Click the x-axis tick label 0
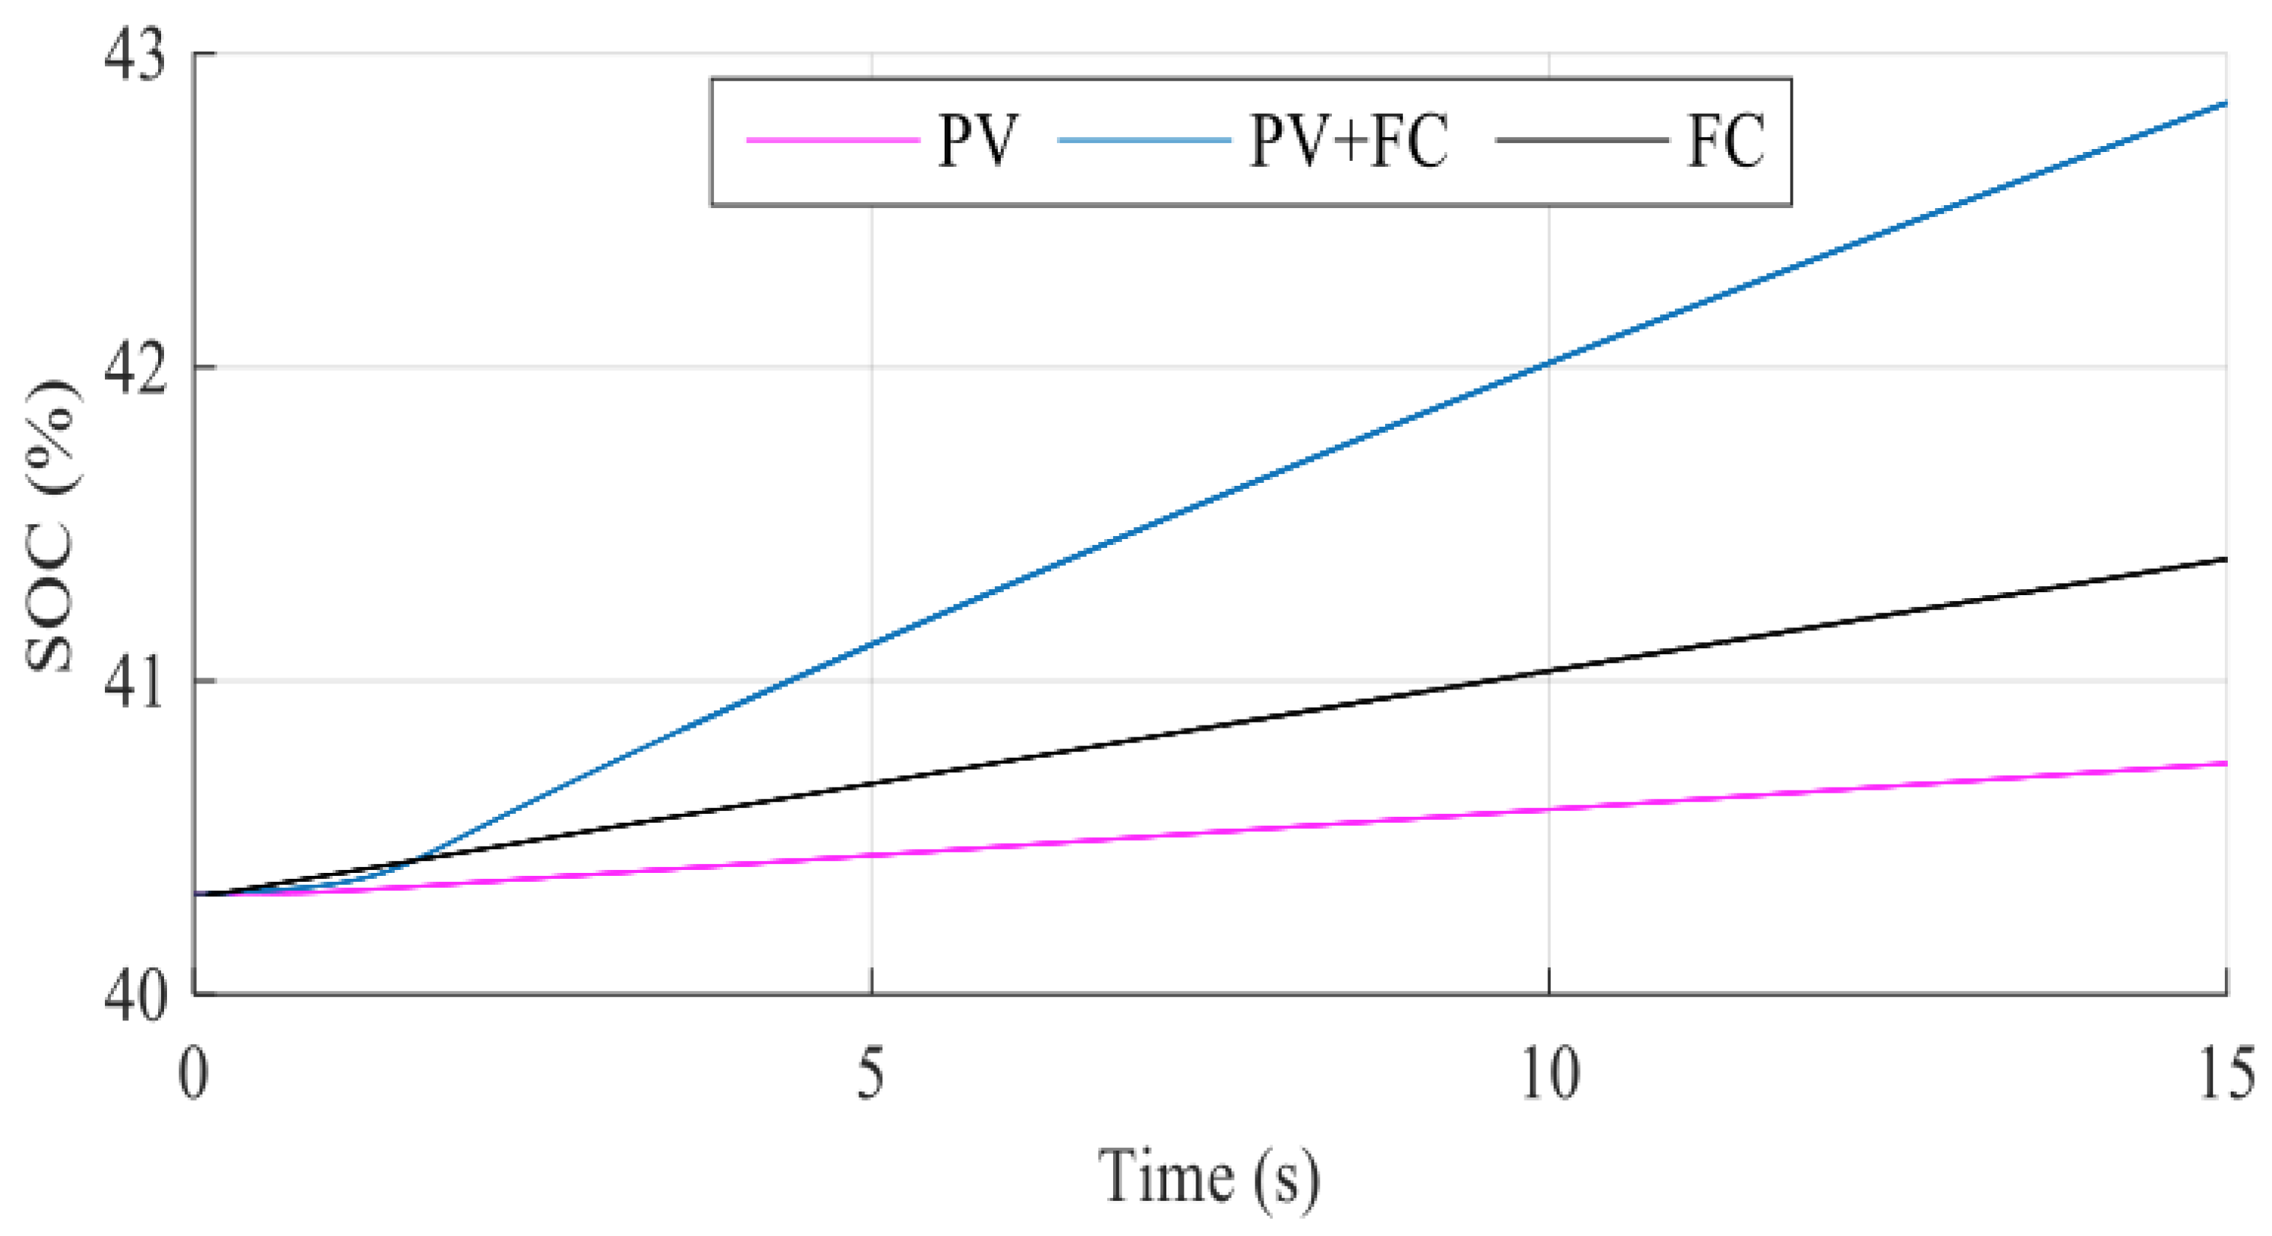pos(193,1074)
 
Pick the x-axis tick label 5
pos(870,1074)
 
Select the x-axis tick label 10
pos(1551,1074)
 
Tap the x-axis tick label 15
pos(2226,1074)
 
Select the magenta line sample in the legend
pos(834,140)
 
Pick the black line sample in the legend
pos(1582,140)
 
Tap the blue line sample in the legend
pos(1144,140)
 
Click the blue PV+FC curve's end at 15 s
pos(2224,104)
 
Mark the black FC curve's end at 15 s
pos(2224,560)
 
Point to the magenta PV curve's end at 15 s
pos(2224,764)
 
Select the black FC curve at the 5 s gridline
pos(871,783)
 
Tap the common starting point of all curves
pos(196,895)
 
